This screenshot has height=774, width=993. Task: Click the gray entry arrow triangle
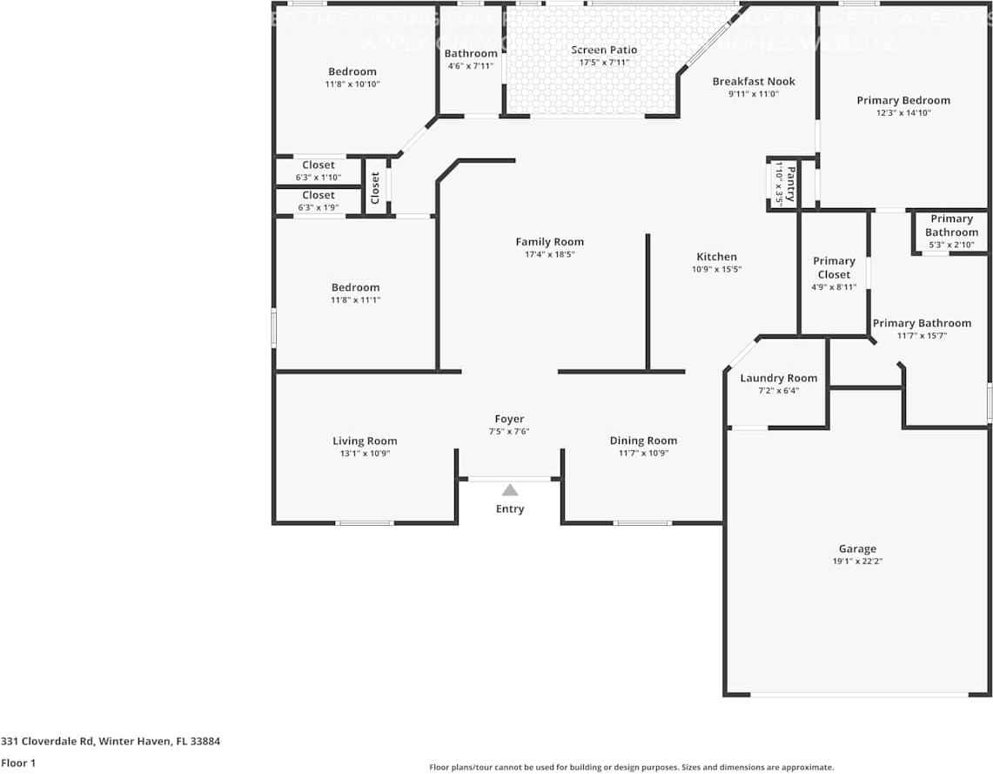510,491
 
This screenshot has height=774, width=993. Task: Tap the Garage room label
857,549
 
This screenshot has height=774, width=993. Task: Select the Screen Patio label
604,50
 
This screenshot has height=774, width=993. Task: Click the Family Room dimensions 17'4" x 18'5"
549,254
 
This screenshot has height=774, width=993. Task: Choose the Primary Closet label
834,267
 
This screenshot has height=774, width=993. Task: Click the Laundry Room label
778,378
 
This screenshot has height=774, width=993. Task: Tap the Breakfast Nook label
754,81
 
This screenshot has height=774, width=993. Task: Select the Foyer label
509,419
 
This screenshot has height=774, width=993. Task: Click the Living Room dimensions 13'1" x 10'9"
365,454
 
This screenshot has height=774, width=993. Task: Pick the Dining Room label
642,441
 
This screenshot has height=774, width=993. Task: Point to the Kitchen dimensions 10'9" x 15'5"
716,269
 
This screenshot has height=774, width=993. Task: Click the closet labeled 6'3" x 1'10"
319,171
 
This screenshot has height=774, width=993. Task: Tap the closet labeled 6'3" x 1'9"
319,201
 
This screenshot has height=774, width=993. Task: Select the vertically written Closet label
375,187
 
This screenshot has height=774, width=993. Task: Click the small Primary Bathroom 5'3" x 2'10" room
950,232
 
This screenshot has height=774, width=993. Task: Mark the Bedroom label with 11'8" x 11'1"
355,287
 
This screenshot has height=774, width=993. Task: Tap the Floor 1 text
18,763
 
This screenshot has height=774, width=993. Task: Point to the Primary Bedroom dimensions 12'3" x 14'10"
903,112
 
